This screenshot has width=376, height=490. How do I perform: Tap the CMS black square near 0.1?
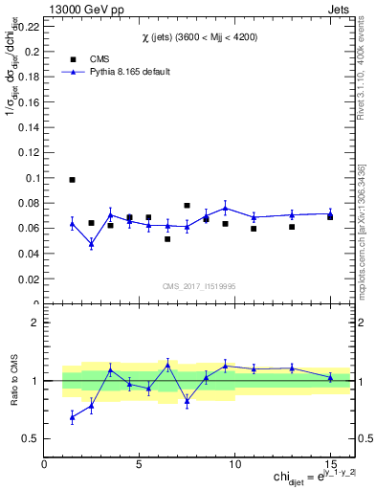(x=72, y=179)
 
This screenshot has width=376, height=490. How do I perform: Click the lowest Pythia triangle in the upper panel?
(x=91, y=244)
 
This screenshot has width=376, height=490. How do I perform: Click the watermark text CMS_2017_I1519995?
(x=199, y=286)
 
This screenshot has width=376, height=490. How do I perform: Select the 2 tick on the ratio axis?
(x=35, y=323)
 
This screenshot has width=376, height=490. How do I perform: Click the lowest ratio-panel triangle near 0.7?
(x=72, y=417)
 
